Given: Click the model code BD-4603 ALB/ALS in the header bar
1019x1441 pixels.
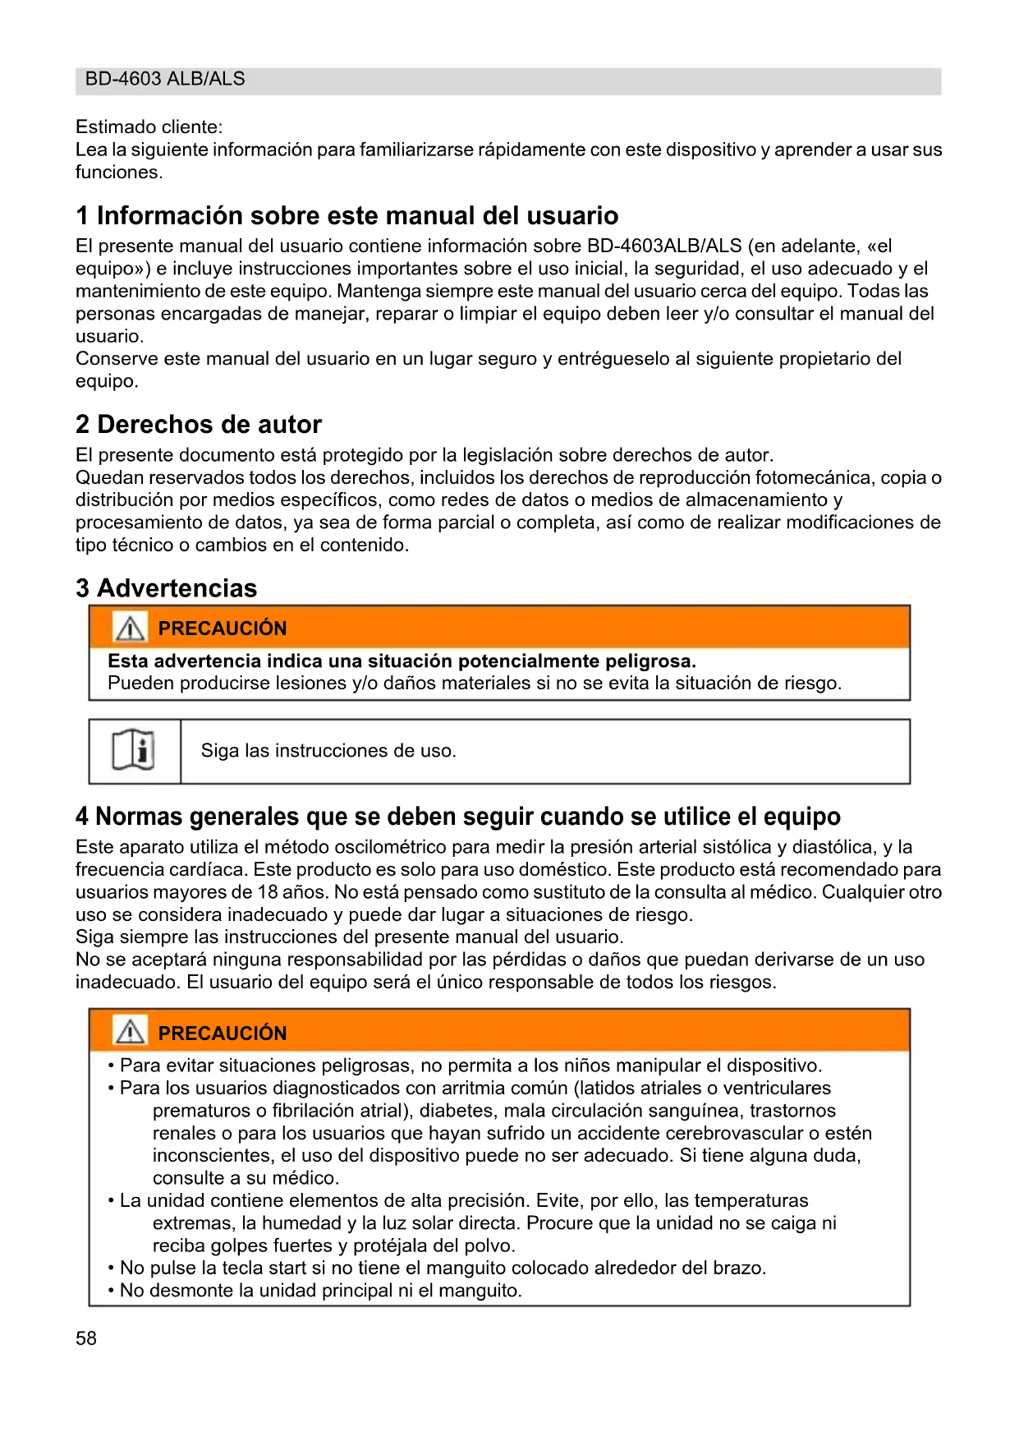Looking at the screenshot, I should pyautogui.click(x=165, y=79).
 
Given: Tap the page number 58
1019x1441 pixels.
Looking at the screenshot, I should pyautogui.click(x=86, y=1338).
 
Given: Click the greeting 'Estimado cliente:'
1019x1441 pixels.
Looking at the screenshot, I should pyautogui.click(x=149, y=127).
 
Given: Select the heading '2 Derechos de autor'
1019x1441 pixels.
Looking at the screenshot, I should pyautogui.click(x=198, y=424).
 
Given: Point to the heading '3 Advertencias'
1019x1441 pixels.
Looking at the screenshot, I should pyautogui.click(x=166, y=588).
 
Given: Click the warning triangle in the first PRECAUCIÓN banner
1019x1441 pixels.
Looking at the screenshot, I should pyautogui.click(x=130, y=628).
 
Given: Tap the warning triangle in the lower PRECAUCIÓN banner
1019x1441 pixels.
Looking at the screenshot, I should pyautogui.click(x=130, y=1032).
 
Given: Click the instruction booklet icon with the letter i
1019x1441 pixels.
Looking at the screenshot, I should pyautogui.click(x=133, y=751).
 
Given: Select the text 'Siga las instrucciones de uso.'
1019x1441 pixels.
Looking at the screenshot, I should pyautogui.click(x=328, y=751).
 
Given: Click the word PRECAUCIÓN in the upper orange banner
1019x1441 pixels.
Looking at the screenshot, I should pyautogui.click(x=223, y=628).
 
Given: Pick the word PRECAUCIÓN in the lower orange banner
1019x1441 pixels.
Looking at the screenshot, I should pyautogui.click(x=223, y=1033).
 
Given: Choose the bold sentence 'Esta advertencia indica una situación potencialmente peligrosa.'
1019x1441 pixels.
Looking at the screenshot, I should pyautogui.click(x=402, y=661).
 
